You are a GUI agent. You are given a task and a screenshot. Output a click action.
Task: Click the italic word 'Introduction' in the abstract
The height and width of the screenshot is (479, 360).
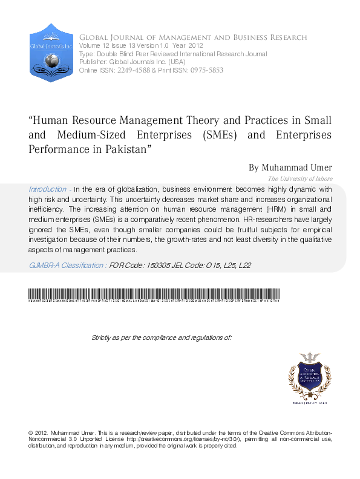[47, 189]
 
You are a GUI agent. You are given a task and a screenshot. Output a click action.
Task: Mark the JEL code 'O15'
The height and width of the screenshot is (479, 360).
[209, 265]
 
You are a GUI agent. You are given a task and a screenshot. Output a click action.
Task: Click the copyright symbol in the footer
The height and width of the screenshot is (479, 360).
[31, 434]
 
